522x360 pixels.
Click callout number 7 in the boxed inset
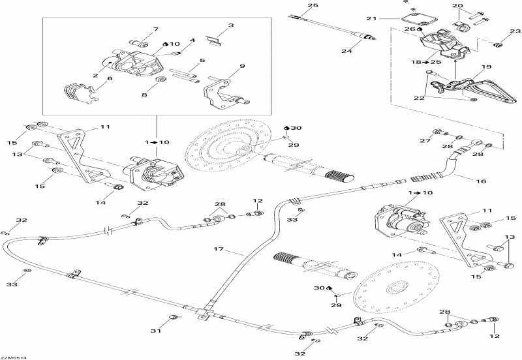click(155, 29)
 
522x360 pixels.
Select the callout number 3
click(230, 26)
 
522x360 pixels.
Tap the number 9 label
click(241, 66)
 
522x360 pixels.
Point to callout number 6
click(110, 78)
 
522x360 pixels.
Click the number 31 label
click(155, 331)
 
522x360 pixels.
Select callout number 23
click(515, 31)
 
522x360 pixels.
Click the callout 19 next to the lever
click(485, 67)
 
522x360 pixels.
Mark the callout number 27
click(425, 140)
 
